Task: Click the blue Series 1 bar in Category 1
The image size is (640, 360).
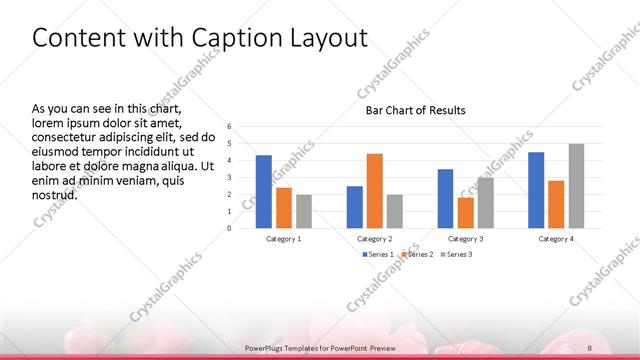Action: click(263, 191)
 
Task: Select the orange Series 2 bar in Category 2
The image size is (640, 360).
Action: click(375, 190)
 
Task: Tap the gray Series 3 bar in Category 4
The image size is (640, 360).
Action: click(576, 185)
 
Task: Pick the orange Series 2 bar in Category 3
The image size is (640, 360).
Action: click(465, 212)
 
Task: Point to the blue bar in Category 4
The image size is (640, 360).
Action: click(536, 189)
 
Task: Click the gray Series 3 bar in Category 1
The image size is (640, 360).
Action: click(304, 210)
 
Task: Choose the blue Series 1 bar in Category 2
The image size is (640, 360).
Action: click(355, 206)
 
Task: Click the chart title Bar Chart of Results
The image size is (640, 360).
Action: click(415, 110)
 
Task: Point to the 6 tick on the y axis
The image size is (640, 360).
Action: click(229, 127)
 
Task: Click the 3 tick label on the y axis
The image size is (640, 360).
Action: click(229, 177)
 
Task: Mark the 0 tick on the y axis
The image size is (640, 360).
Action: click(229, 228)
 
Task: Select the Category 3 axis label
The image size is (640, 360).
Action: click(465, 239)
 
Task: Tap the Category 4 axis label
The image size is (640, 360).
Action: click(556, 239)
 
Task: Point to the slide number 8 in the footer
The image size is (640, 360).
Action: click(591, 347)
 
